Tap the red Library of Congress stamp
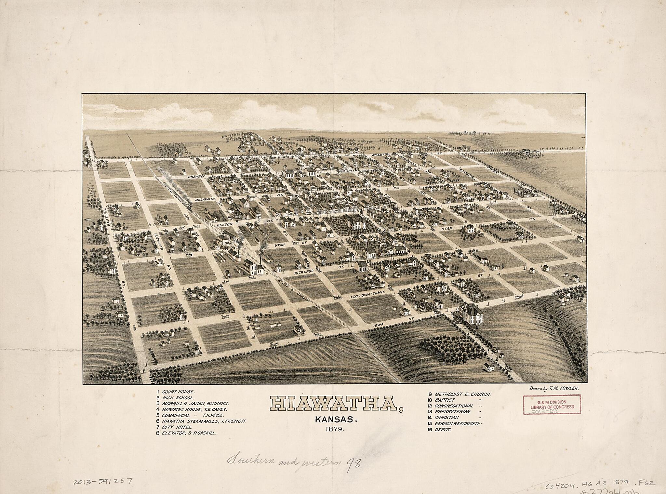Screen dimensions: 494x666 [552, 404]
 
